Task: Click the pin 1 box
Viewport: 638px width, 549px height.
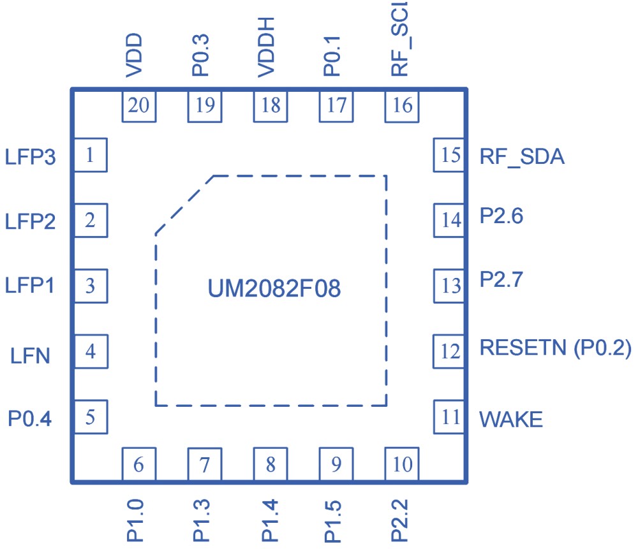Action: tap(90, 155)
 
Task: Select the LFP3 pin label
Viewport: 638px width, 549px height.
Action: tap(30, 157)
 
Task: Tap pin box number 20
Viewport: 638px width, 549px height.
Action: tap(139, 105)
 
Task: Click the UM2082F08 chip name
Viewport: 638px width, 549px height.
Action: tap(274, 289)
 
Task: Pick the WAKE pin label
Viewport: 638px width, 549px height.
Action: tap(511, 420)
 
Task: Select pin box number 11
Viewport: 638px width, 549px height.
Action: tap(450, 417)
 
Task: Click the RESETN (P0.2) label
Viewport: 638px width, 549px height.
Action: tap(555, 348)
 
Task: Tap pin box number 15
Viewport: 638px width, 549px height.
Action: tap(450, 155)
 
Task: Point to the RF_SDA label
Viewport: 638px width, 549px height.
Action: tap(522, 157)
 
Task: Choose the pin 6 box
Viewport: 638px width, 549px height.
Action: tap(139, 464)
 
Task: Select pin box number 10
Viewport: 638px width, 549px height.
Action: tap(402, 464)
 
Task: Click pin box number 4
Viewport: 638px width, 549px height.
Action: tap(90, 351)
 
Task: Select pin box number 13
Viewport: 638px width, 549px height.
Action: tap(450, 285)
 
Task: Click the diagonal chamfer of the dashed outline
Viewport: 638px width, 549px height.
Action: tap(184, 205)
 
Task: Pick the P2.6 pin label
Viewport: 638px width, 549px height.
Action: tap(501, 217)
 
